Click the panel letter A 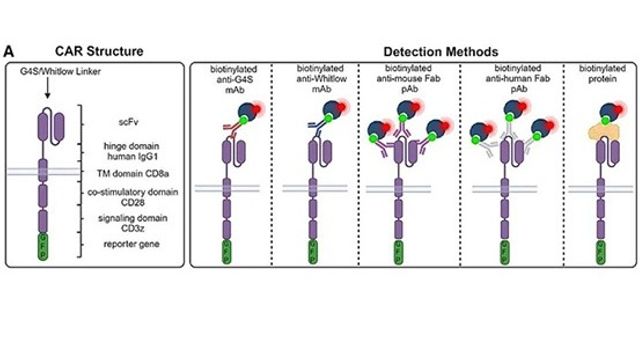(9, 50)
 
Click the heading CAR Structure (100, 50)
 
